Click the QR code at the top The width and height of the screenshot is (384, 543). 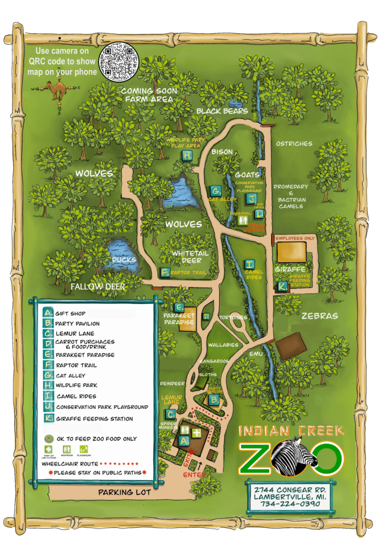[x=119, y=61]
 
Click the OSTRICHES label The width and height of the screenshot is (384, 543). [x=294, y=144]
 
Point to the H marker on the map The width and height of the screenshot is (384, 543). [x=187, y=155]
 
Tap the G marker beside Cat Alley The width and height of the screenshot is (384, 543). [x=215, y=190]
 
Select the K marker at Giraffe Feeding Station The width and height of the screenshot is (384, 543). [x=282, y=286]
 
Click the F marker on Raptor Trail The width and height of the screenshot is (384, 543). [x=165, y=272]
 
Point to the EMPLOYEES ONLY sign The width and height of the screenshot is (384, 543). [x=295, y=238]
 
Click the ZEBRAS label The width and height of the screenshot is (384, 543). [x=319, y=316]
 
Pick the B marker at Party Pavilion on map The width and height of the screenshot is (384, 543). [x=213, y=400]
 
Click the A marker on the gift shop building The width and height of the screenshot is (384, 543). [x=183, y=440]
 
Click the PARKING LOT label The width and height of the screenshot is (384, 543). [x=124, y=492]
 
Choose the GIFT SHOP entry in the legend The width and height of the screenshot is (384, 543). [x=70, y=313]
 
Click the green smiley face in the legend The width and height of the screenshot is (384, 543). [x=48, y=438]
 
